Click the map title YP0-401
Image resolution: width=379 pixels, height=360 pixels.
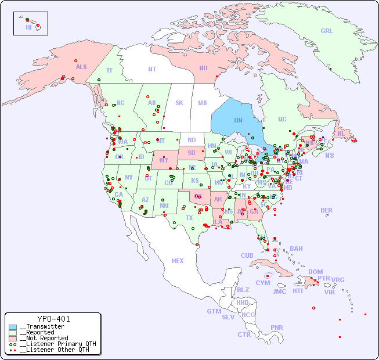click(53, 319)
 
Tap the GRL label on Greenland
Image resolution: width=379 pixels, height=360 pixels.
click(327, 31)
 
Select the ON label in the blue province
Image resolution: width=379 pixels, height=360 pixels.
click(238, 120)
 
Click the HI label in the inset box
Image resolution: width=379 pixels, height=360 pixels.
click(28, 27)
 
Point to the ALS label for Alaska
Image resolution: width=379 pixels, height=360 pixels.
click(81, 67)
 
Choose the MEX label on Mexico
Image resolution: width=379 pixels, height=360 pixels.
click(178, 261)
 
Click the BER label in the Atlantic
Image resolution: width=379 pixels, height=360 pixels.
click(327, 210)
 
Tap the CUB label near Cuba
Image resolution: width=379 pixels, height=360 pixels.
click(247, 255)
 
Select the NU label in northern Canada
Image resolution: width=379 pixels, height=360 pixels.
click(203, 68)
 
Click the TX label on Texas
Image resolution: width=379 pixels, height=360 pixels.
click(189, 218)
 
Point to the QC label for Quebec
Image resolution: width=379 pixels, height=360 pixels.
click(282, 119)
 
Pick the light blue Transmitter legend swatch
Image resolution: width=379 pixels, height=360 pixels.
click(13, 326)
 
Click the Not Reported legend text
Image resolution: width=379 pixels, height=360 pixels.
click(44, 338)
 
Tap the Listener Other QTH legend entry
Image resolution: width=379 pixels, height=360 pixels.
click(52, 350)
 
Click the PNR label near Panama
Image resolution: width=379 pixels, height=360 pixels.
click(277, 327)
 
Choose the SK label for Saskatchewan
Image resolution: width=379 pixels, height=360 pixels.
click(179, 103)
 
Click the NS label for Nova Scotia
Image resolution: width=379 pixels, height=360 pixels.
click(329, 155)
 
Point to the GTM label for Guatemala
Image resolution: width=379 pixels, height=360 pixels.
click(214, 311)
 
